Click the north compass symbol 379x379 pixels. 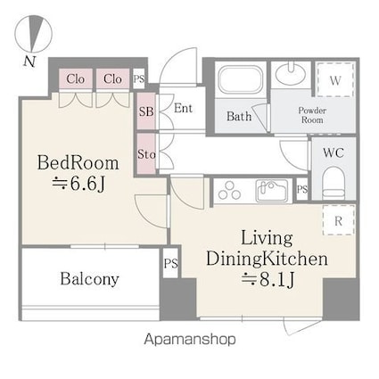pyautogui.click(x=33, y=33)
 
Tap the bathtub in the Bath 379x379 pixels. pyautogui.click(x=241, y=79)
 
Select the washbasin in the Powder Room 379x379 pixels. pyautogui.click(x=291, y=73)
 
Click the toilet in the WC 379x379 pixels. pyautogui.click(x=334, y=184)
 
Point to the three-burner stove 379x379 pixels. pyautogui.click(x=229, y=190)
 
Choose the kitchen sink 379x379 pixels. pyautogui.click(x=272, y=191)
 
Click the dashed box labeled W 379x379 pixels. pyautogui.click(x=335, y=79)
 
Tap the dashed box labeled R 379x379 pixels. pyautogui.click(x=339, y=220)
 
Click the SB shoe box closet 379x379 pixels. pyautogui.click(x=146, y=111)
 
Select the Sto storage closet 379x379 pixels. pyautogui.click(x=146, y=153)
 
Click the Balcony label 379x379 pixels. pyautogui.click(x=89, y=279)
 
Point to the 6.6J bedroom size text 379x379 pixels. pyautogui.click(x=78, y=185)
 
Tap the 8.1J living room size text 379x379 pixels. pyautogui.click(x=268, y=279)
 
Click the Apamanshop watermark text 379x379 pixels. pyautogui.click(x=190, y=340)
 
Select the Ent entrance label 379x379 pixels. pyautogui.click(x=183, y=108)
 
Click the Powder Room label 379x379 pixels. pyautogui.click(x=312, y=115)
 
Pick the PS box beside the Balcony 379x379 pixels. pyautogui.click(x=170, y=263)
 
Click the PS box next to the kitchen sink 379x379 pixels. pyautogui.click(x=302, y=189)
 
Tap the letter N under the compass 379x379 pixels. pyautogui.click(x=29, y=62)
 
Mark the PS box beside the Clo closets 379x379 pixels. pyautogui.click(x=138, y=78)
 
